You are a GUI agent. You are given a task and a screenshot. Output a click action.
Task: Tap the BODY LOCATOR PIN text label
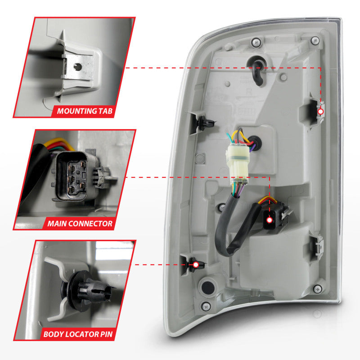79,334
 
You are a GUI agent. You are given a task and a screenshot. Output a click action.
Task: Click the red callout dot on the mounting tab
320,111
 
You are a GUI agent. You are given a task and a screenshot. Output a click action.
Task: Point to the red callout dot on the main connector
270,220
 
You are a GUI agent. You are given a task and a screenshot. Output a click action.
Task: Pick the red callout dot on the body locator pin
195,265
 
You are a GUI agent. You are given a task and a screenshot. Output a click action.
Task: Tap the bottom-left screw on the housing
206,306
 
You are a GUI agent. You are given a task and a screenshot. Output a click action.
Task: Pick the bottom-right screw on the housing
318,288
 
